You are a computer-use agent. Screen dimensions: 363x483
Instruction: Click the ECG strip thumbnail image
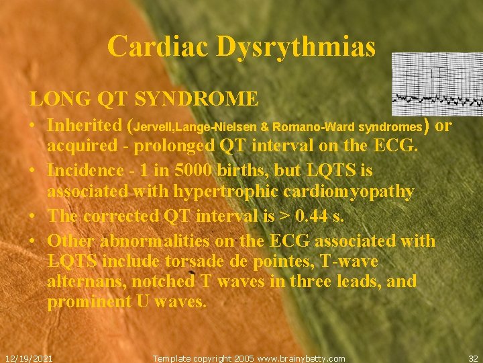[x=437, y=81]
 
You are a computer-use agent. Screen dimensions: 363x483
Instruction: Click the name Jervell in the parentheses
[x=155, y=126]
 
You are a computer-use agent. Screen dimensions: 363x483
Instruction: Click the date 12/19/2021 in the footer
[x=29, y=358]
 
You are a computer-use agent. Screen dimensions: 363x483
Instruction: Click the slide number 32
[x=474, y=358]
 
